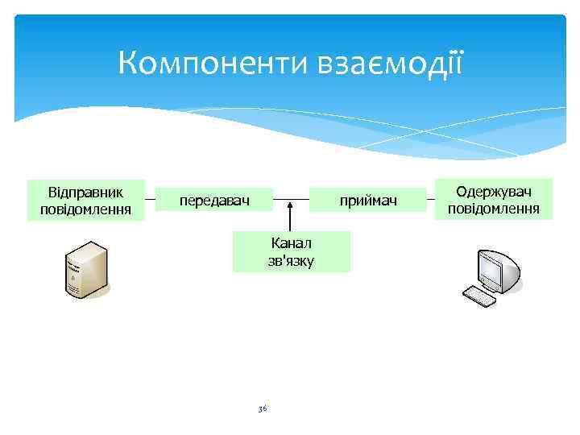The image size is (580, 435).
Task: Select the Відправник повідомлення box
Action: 85,200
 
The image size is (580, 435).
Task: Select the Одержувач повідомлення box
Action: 493,199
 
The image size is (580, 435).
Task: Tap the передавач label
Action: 214,199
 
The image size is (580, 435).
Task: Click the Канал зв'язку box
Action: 292,251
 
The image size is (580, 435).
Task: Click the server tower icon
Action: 85,269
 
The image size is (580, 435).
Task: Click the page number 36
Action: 262,409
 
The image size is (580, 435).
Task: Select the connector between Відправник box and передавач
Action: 151,199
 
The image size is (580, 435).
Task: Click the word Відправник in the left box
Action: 85,193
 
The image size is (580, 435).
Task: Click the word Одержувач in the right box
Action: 493,192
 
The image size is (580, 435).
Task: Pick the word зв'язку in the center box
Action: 292,260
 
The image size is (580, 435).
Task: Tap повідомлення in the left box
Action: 85,209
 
